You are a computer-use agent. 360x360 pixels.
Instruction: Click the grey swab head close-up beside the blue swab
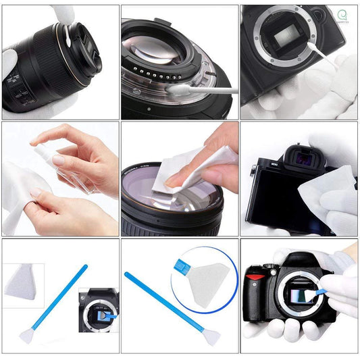click(25, 282)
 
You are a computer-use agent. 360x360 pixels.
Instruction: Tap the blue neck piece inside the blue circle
click(181, 265)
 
